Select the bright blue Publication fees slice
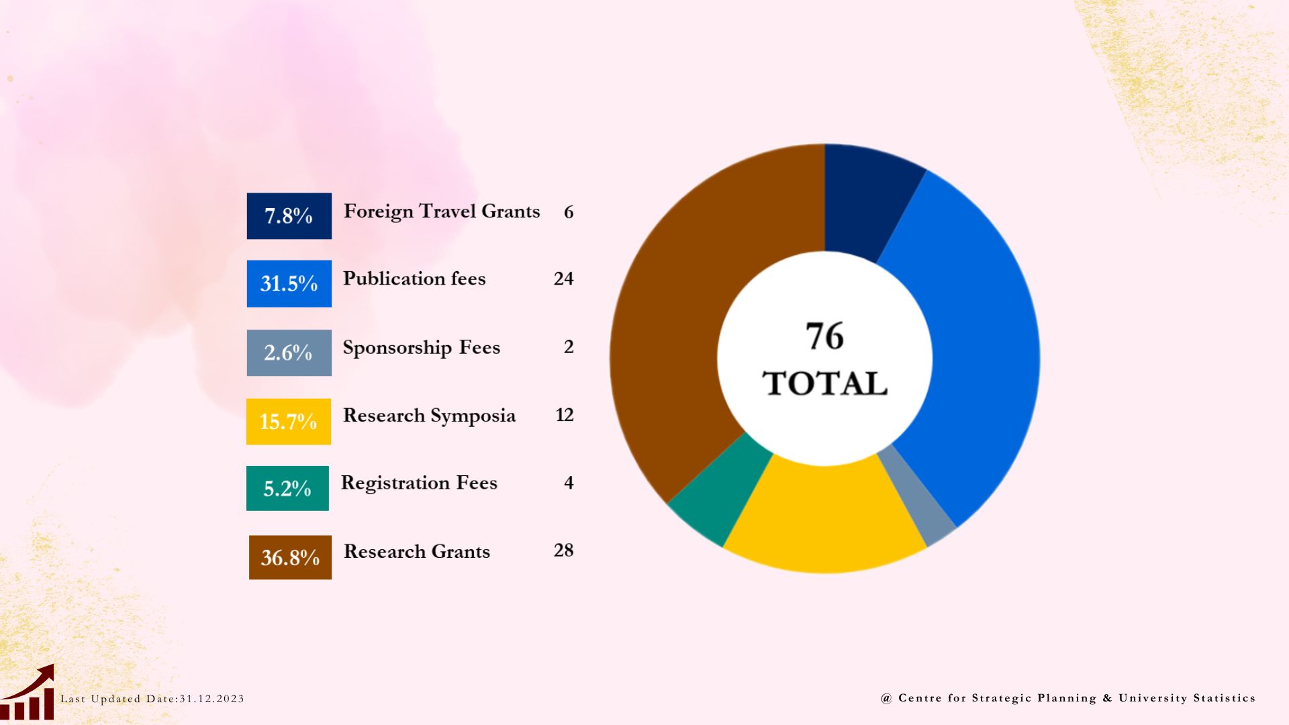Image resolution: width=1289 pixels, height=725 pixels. (x=973, y=349)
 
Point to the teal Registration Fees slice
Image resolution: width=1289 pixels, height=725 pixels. (x=722, y=493)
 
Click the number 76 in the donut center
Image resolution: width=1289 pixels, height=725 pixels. (x=824, y=336)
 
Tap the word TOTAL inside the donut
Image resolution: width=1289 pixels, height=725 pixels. (x=824, y=384)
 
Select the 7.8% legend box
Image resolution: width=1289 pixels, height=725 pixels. (x=289, y=215)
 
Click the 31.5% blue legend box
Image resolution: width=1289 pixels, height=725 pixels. (x=289, y=283)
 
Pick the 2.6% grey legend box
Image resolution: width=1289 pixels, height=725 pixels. (x=289, y=352)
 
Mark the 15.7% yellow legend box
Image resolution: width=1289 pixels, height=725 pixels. (x=289, y=422)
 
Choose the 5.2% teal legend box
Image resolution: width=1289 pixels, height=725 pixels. (x=287, y=488)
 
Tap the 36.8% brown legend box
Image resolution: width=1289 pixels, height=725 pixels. (x=290, y=557)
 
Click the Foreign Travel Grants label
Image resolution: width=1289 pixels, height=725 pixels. (x=442, y=211)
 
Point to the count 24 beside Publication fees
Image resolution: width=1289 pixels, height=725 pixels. (x=563, y=279)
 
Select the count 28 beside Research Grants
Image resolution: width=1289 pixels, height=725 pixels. (x=563, y=550)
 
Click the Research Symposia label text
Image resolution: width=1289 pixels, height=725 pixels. (x=429, y=416)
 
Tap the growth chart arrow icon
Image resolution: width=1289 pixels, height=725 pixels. (x=28, y=693)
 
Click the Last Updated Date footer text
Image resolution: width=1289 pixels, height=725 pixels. (x=152, y=699)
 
